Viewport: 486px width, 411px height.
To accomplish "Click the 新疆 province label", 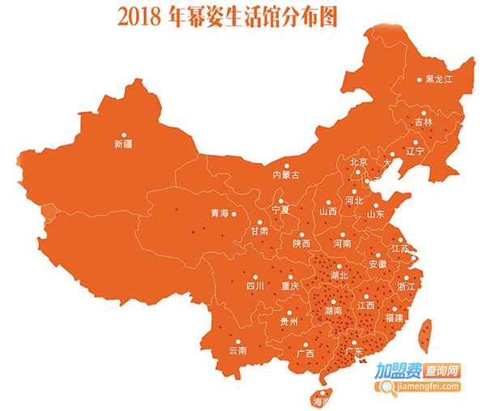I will tap(124, 145).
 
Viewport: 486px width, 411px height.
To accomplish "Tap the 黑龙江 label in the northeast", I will tap(438, 79).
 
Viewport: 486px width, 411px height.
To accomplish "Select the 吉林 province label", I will tap(424, 122).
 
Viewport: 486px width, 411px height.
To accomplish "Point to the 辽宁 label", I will tap(415, 151).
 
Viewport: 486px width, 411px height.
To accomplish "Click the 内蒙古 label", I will tap(285, 175).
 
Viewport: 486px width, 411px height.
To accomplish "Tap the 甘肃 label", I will tap(259, 231).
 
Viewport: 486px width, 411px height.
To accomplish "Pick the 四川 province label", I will tap(255, 286).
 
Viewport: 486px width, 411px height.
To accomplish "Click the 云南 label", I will tap(237, 351).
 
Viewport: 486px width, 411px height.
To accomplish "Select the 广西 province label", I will tap(305, 353).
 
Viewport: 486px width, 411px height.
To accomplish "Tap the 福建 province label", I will tap(394, 318).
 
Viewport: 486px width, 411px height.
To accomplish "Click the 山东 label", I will tap(375, 215).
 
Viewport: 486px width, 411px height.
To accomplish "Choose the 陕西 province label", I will tap(301, 243).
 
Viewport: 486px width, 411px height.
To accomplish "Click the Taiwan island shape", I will tap(424, 333).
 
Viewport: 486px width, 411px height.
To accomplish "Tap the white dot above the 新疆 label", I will tap(124, 135).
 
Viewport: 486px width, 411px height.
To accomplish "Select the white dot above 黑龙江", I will tap(420, 79).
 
